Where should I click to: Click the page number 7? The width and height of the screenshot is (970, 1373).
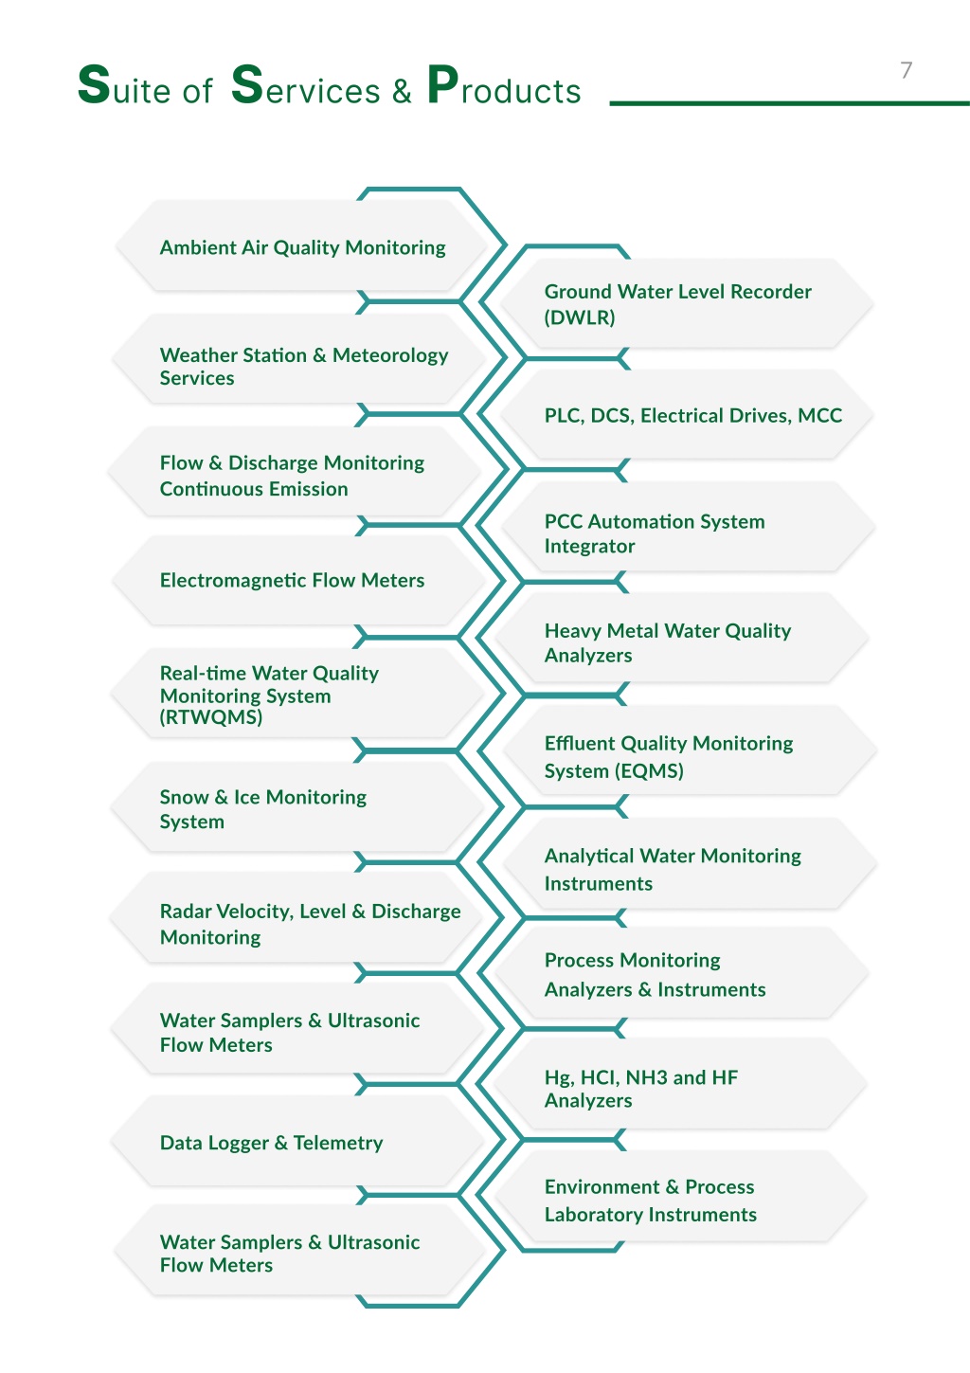click(x=907, y=70)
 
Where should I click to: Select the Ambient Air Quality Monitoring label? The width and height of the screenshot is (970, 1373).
click(x=303, y=247)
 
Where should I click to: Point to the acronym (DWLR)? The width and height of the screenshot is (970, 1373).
click(x=580, y=317)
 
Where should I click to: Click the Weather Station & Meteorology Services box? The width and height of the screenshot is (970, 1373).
click(x=300, y=358)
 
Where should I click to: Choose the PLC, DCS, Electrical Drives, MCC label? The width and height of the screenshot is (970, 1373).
click(x=693, y=416)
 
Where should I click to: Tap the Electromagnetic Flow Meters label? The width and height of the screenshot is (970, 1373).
click(x=292, y=580)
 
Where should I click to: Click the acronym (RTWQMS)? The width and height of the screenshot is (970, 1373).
click(x=211, y=717)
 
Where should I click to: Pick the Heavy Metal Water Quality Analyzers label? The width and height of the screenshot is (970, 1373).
click(x=667, y=643)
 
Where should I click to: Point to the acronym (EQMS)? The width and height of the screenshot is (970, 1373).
click(x=649, y=770)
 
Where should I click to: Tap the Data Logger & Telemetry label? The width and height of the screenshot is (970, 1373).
click(x=271, y=1143)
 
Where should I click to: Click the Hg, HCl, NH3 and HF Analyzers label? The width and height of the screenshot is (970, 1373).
click(x=641, y=1089)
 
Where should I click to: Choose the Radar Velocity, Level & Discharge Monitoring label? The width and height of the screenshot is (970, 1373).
click(x=310, y=924)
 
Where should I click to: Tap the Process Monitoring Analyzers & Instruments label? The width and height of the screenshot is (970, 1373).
click(x=656, y=975)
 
